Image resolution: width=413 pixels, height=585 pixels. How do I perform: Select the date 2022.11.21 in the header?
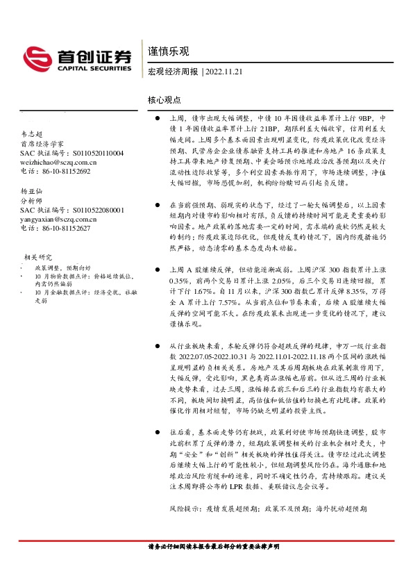click(222, 72)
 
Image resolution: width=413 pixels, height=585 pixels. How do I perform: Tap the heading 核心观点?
click(165, 101)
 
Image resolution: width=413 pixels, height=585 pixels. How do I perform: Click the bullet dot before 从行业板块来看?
click(158, 345)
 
